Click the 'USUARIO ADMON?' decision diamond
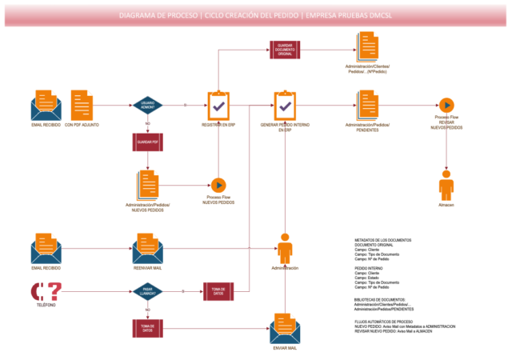(x=147, y=105)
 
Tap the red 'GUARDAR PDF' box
(x=147, y=142)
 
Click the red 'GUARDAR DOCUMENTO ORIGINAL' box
(x=286, y=50)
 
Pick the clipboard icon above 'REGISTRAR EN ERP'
(x=218, y=105)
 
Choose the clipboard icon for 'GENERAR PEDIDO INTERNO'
(x=286, y=105)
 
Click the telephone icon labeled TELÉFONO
(x=46, y=290)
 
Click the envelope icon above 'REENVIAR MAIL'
(x=147, y=248)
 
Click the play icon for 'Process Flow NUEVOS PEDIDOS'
(x=218, y=185)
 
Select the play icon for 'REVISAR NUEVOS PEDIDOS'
(x=446, y=105)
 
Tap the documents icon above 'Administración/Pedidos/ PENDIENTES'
(x=367, y=105)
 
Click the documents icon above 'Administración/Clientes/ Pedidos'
(x=367, y=46)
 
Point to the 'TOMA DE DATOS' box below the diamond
(x=147, y=327)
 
